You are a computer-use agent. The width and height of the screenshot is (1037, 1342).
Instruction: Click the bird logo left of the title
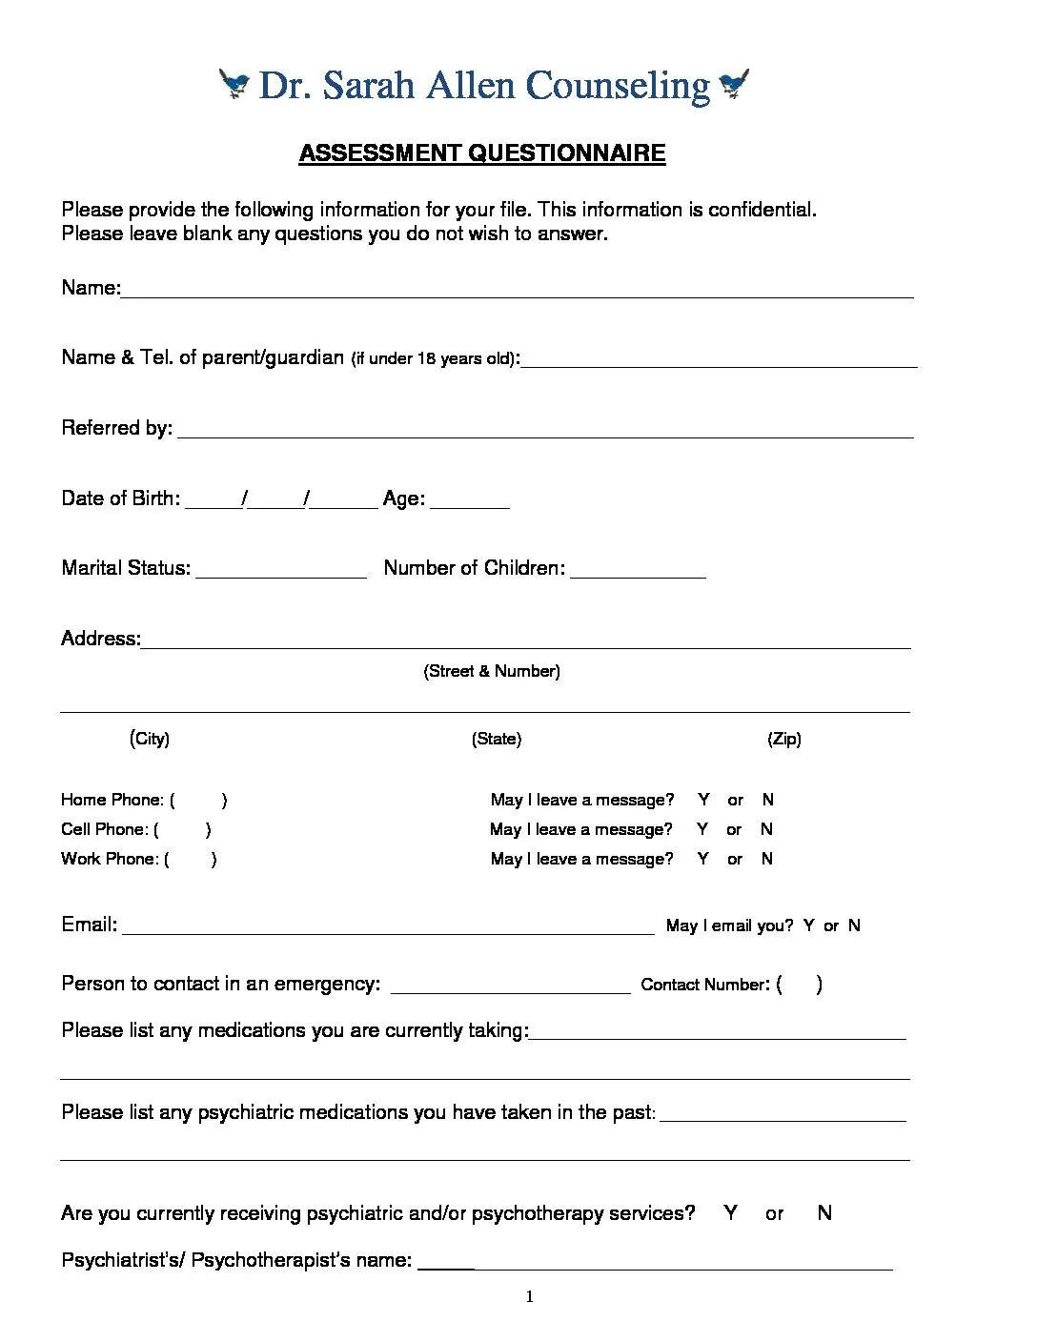pos(234,84)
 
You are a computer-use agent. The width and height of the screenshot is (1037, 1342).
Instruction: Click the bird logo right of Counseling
pos(734,84)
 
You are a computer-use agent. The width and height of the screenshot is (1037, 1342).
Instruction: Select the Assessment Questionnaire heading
pos(481,153)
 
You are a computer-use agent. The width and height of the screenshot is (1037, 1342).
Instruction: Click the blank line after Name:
pos(516,290)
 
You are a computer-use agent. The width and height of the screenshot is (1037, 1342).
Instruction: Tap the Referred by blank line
pos(545,430)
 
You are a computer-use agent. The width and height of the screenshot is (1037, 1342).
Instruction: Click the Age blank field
pos(470,500)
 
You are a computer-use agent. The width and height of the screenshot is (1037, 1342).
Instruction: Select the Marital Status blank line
pos(280,570)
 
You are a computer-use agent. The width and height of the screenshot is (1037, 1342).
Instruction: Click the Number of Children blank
pos(638,570)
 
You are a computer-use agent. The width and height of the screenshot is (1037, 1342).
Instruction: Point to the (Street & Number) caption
pos(492,671)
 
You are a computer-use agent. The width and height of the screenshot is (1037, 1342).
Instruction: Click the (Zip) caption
pos(784,739)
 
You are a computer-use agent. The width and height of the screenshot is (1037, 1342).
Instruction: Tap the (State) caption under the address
pos(497,739)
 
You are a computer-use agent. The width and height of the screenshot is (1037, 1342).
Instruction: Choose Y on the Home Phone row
pos(703,800)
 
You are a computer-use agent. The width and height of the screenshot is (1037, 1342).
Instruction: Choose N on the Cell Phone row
pos(766,829)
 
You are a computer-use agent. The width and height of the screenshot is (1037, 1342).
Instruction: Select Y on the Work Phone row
pos(702,859)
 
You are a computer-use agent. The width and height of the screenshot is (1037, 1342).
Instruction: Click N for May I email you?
pos(854,925)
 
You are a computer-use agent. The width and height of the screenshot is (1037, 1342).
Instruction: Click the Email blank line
pos(388,926)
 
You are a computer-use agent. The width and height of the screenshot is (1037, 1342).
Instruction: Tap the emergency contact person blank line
pos(510,986)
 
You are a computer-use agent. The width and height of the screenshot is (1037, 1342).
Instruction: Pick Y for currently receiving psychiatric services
pos(730,1213)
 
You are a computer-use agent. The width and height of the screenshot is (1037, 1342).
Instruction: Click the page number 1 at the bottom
pos(530,1296)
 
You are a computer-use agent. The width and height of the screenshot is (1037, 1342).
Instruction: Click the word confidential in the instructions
pos(758,210)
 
